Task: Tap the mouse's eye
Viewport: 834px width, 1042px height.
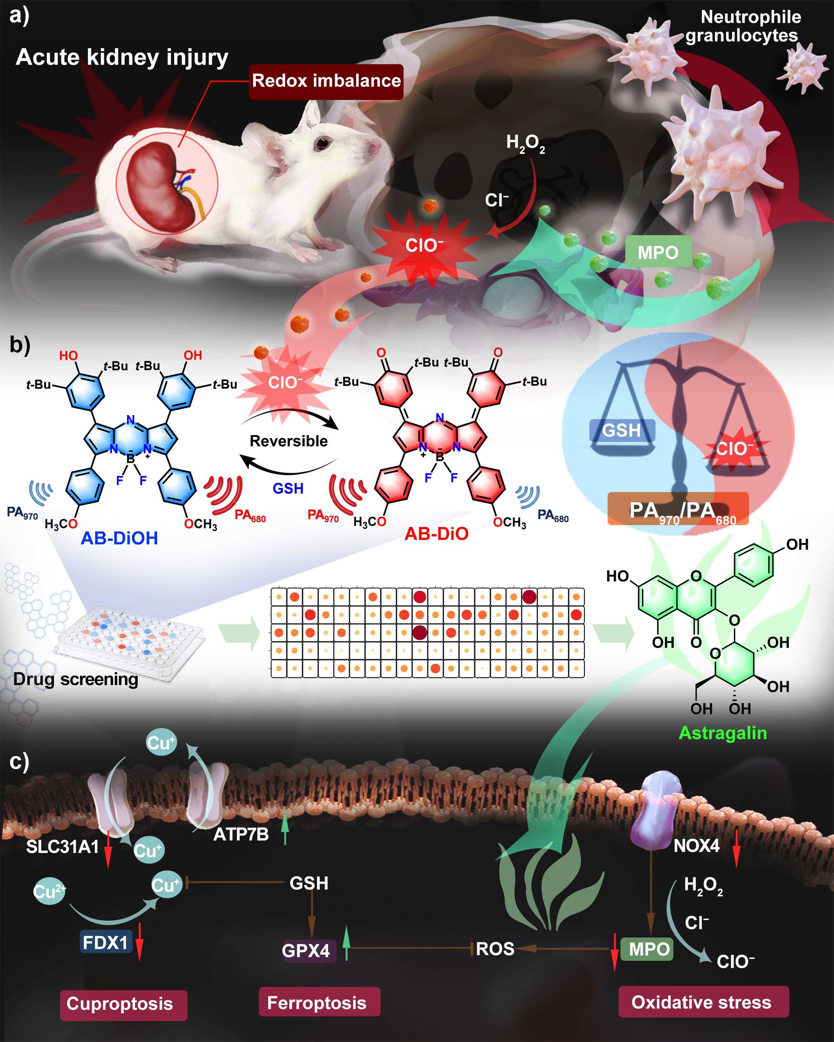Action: coord(321,143)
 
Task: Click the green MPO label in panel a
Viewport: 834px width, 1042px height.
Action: coord(657,252)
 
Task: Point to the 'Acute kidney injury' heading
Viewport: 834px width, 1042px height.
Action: coord(122,58)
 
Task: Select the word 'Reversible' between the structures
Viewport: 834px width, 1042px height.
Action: coord(288,441)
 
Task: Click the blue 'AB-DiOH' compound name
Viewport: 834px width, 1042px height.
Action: coord(119,538)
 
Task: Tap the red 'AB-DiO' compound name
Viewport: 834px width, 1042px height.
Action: coord(436,533)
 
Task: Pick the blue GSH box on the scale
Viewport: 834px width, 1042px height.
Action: coord(621,430)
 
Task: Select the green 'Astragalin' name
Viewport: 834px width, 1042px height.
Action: coord(723,733)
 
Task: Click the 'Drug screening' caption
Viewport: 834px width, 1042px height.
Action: coord(75,679)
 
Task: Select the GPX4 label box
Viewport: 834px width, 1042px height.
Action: coord(306,951)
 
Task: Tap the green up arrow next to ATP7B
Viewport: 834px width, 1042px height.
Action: coord(285,828)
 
